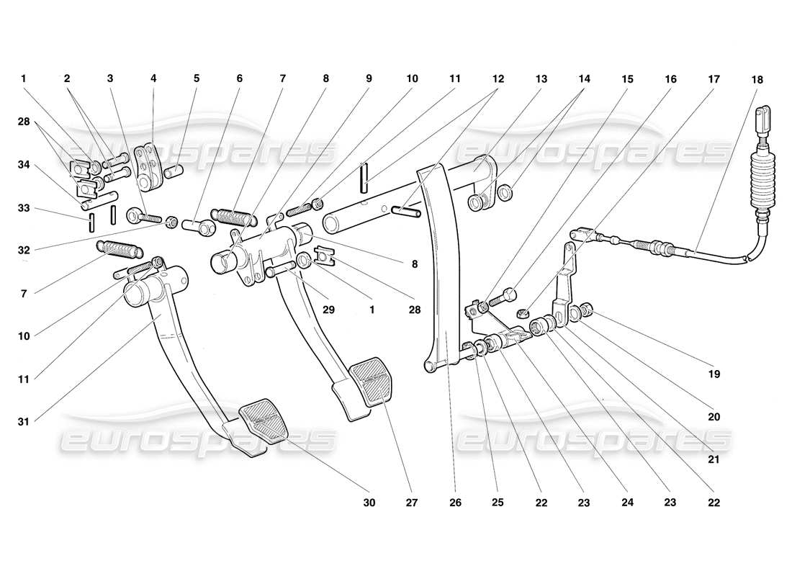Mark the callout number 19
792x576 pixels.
click(x=714, y=374)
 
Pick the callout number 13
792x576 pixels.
click(x=541, y=79)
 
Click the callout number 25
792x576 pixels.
click(x=498, y=502)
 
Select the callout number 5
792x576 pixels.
click(x=196, y=79)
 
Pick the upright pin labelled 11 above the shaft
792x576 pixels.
click(x=366, y=177)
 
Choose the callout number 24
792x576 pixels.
click(x=627, y=502)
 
